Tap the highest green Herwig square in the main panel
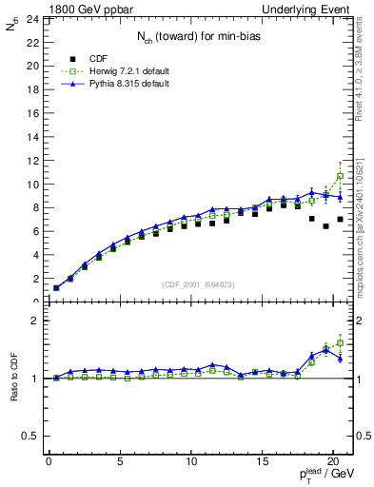point(340,176)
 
